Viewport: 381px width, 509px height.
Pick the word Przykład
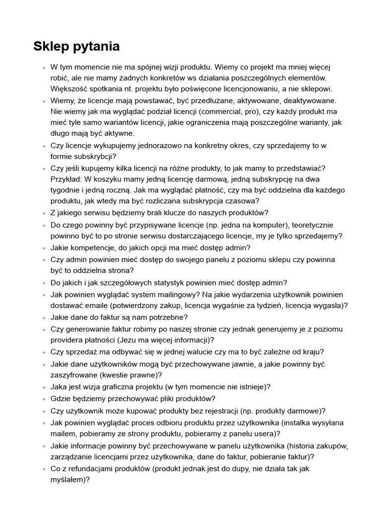(65, 179)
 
